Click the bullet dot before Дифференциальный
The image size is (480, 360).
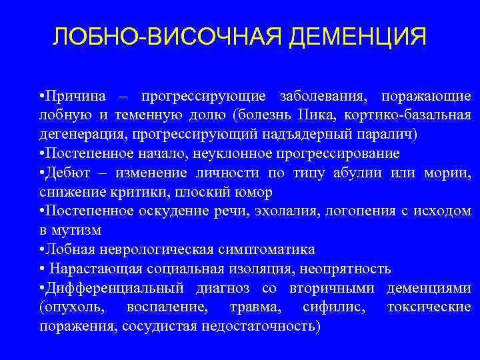click(41, 289)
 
